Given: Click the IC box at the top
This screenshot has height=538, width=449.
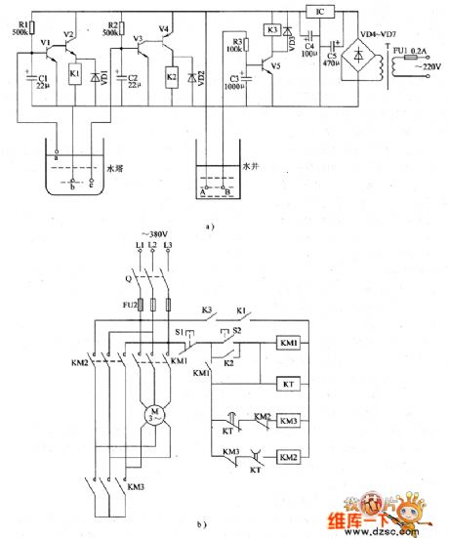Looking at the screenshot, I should (319, 12).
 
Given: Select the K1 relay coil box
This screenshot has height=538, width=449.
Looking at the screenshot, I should (75, 74).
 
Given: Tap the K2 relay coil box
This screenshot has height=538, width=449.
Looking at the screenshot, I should (172, 75).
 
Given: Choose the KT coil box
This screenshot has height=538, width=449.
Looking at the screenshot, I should (290, 384).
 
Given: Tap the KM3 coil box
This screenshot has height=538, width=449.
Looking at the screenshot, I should (290, 421).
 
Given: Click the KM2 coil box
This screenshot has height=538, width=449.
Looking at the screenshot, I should (290, 456).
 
